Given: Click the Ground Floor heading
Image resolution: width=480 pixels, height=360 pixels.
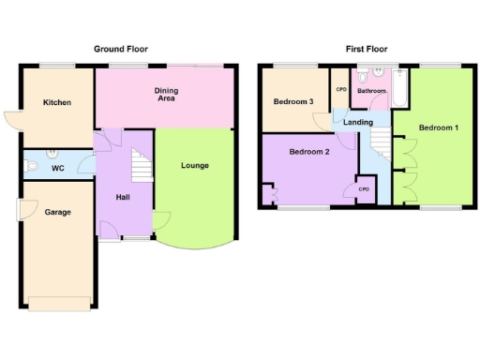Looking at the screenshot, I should [120, 49].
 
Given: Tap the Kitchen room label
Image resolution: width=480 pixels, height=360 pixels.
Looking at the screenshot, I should [55, 103].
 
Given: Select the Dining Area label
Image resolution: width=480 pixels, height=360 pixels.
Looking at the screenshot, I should [165, 94].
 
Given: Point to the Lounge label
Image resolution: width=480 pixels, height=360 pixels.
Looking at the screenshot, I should [195, 166].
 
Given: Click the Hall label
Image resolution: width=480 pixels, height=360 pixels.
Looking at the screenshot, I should [123, 197].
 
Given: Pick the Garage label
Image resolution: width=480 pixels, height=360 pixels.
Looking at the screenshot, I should [57, 212].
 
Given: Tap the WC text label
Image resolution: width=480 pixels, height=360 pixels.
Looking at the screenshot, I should [58, 169].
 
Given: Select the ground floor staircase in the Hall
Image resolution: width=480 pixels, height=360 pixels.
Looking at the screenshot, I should [141, 166].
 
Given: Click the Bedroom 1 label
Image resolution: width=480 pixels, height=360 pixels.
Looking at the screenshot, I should [438, 127].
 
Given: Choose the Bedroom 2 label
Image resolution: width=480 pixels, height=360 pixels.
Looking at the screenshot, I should [307, 152].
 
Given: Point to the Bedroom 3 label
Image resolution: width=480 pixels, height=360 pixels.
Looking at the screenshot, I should [292, 101].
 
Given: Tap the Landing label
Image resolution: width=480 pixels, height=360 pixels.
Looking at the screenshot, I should [358, 123].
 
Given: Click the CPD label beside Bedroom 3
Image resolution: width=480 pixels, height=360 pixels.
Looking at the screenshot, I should [340, 89].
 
